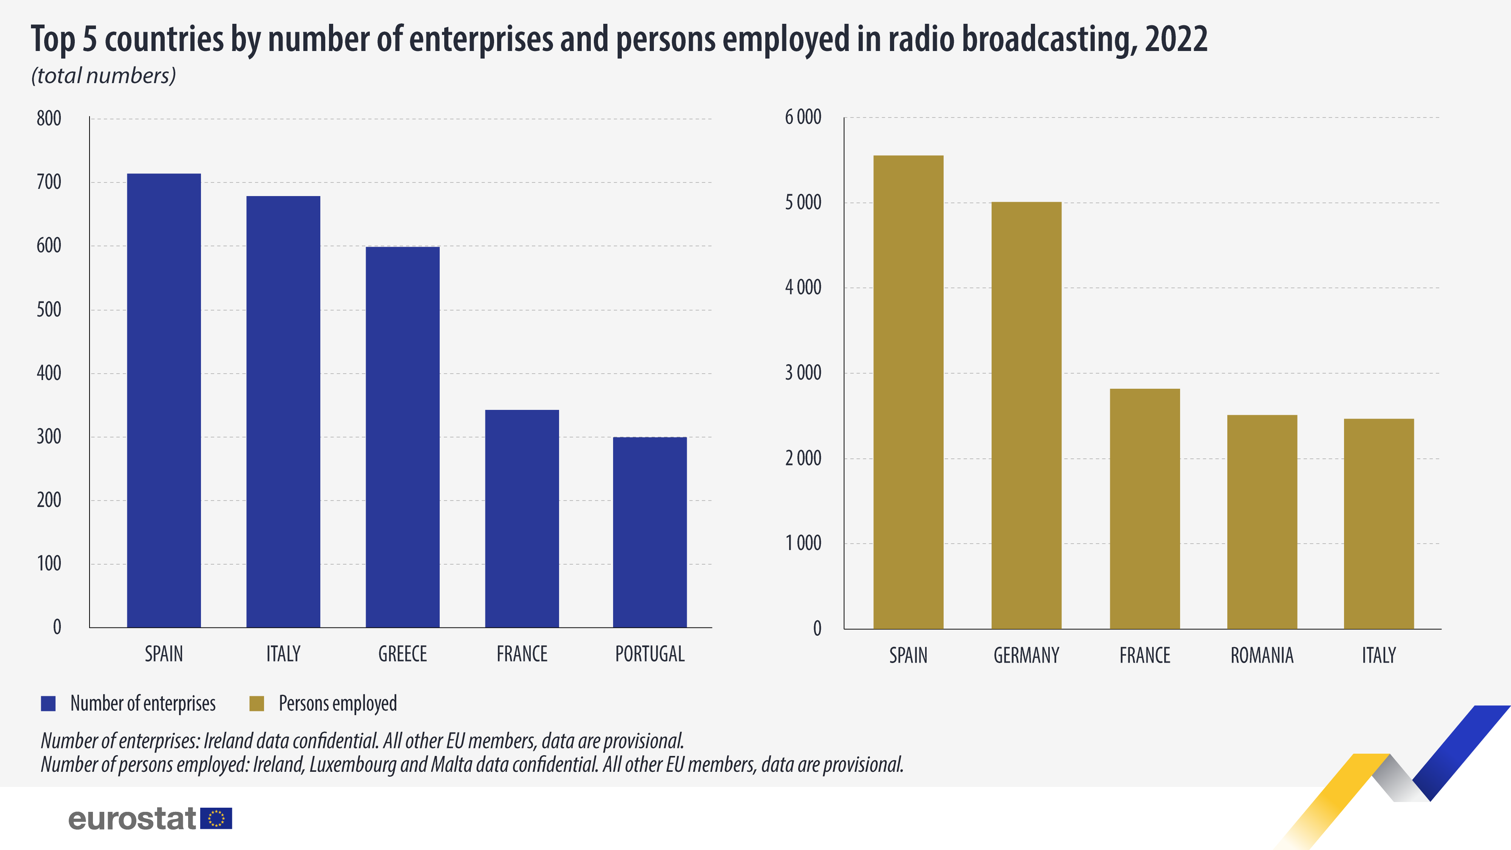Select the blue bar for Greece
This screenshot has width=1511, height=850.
click(402, 437)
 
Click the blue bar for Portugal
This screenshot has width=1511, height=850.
click(649, 532)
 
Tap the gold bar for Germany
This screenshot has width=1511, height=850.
click(1026, 415)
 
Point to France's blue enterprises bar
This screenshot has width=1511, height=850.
click(521, 519)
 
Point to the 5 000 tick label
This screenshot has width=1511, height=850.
click(803, 203)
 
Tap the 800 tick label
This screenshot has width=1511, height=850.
click(49, 119)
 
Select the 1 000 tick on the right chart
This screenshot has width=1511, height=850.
click(803, 543)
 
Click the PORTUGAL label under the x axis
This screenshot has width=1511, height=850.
click(649, 654)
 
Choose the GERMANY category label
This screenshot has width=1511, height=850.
click(1026, 655)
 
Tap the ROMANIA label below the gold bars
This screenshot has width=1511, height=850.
click(1262, 655)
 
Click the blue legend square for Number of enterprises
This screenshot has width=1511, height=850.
click(48, 703)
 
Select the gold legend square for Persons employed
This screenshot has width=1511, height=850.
click(256, 703)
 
